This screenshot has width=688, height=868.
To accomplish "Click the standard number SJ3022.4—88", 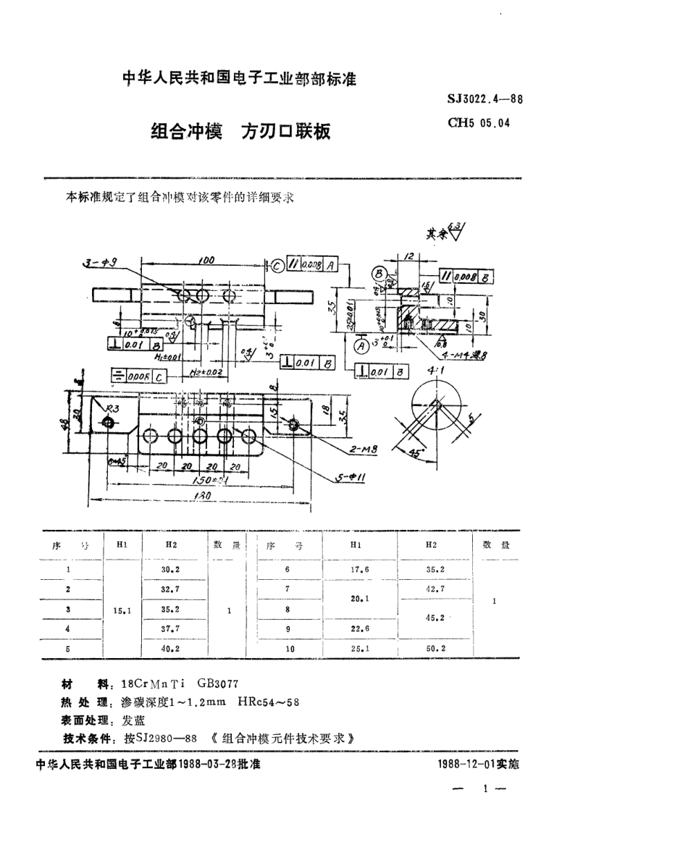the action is pyautogui.click(x=484, y=100).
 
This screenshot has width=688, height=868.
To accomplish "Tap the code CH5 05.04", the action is pyautogui.click(x=479, y=123).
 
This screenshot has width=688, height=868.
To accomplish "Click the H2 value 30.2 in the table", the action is pyautogui.click(x=171, y=570).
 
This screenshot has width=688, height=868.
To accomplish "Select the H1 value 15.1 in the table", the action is pyautogui.click(x=121, y=611).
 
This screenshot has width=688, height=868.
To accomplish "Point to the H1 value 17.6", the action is pyautogui.click(x=359, y=570).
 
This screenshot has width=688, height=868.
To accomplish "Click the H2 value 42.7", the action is pyautogui.click(x=435, y=590).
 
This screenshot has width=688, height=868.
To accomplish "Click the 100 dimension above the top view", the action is pyautogui.click(x=205, y=259).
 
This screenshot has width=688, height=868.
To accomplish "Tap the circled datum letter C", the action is pyautogui.click(x=277, y=264).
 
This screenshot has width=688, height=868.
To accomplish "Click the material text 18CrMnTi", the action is pyautogui.click(x=155, y=684).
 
